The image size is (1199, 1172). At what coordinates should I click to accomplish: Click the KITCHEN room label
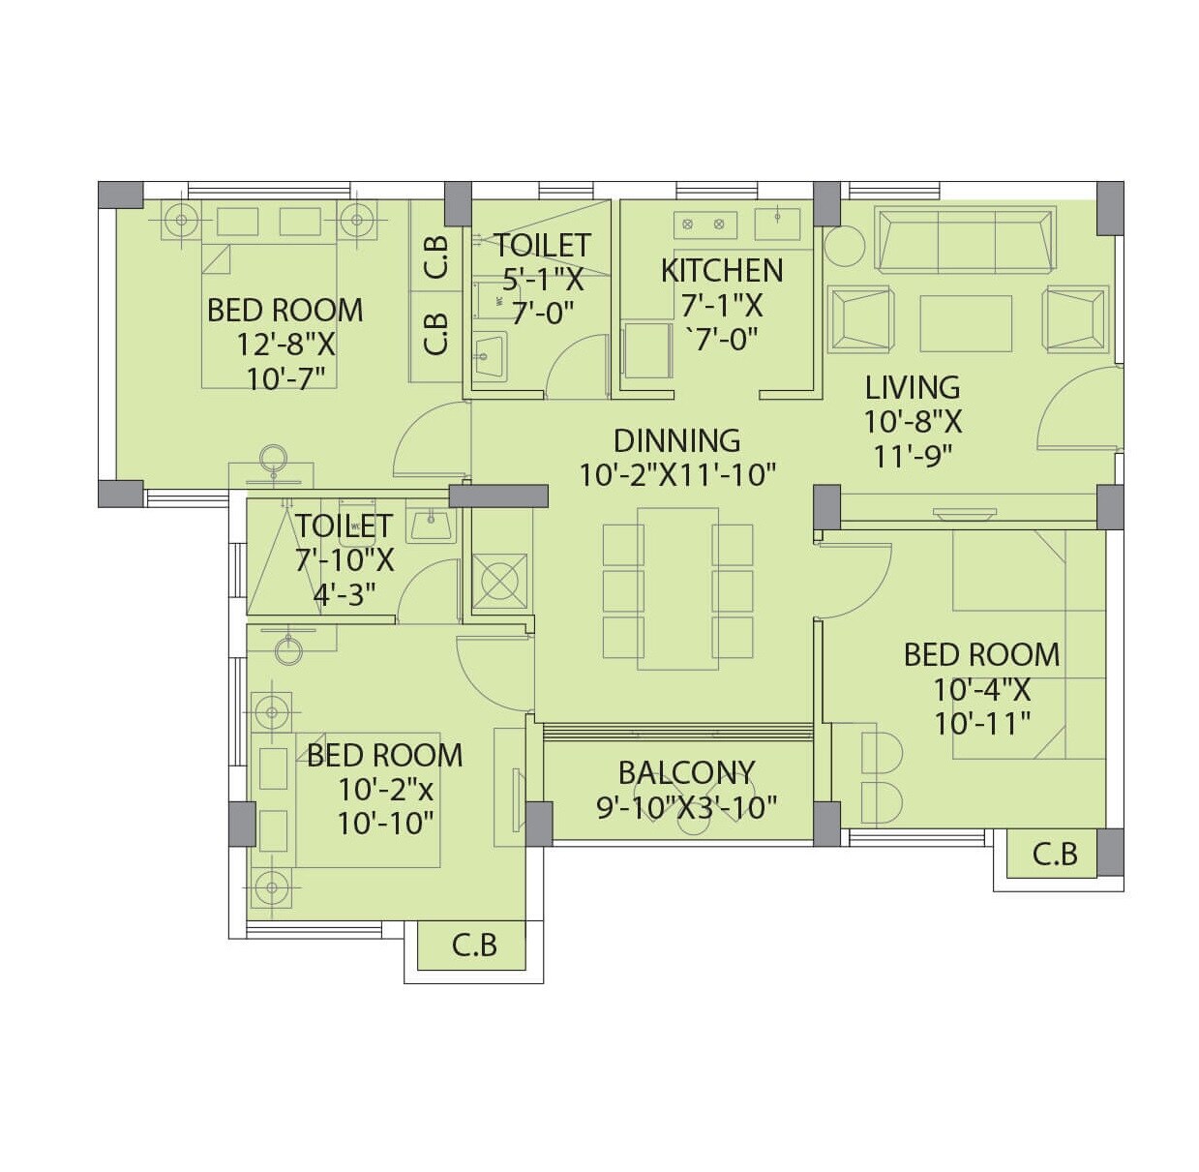(721, 270)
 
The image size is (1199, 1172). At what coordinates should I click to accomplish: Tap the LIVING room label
(912, 387)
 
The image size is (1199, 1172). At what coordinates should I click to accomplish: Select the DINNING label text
(676, 440)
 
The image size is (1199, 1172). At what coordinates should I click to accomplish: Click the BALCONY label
(686, 772)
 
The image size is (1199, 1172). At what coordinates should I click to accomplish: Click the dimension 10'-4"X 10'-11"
(981, 706)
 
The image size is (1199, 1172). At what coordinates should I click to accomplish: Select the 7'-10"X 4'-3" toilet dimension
(345, 577)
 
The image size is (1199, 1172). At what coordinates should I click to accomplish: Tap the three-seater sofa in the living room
(964, 239)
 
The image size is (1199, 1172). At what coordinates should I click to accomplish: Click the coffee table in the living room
(965, 323)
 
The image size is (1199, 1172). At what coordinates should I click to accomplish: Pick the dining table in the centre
(677, 588)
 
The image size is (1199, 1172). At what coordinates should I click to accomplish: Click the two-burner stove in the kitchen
(704, 225)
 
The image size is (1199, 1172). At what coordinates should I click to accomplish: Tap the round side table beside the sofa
(844, 246)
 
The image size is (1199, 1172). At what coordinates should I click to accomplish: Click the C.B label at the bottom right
(1055, 855)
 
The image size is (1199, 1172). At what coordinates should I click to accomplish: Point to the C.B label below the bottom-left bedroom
(474, 945)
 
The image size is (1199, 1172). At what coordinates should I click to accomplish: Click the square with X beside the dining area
(500, 581)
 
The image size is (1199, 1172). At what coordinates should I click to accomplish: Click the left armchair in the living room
(860, 318)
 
